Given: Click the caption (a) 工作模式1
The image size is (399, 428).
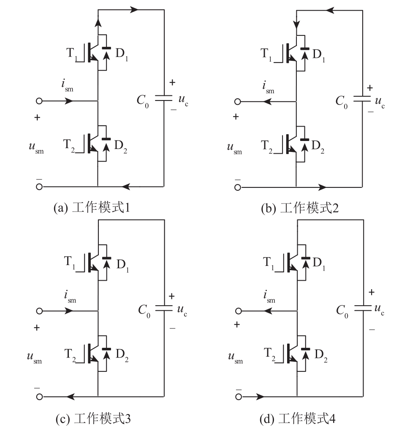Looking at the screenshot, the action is pos(92,207).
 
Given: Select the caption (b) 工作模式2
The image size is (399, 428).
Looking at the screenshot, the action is pos(300,208).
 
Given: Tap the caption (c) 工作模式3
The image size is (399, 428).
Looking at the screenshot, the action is pos(93,418).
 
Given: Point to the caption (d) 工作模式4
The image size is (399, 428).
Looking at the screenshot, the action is pos(297,418).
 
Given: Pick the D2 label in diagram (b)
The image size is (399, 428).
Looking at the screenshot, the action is pos(318,147).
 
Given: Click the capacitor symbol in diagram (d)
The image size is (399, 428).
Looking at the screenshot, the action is pos(363,309).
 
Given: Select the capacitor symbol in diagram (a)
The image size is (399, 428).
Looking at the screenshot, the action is pos(163,98).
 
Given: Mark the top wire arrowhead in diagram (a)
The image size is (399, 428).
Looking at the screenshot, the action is pos(134,10).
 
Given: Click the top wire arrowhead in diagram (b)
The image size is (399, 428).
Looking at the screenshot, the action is pos(331,11).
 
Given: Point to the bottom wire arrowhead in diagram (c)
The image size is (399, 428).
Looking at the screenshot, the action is pos(71,397).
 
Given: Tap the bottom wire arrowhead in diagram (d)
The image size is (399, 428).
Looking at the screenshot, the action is pos(260,397).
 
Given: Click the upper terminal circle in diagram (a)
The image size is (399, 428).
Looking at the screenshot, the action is pos(39,101).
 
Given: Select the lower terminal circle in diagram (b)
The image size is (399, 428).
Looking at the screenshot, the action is pos(238,187).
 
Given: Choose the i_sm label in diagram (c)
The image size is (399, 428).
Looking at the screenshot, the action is pos(70,296).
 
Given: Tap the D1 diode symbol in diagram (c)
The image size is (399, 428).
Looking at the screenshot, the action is pos(106,263).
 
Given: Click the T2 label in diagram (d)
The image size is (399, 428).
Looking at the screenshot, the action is pos(269,354).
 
